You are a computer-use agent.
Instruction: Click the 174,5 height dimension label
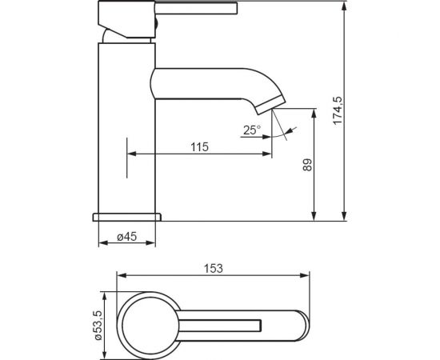[x=338, y=110]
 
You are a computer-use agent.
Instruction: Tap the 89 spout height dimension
[x=307, y=165]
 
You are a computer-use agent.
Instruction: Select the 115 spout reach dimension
[x=200, y=147]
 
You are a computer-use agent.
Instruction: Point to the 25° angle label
[x=252, y=130]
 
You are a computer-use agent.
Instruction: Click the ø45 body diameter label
[x=127, y=237]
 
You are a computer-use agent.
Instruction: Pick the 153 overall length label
[x=214, y=269]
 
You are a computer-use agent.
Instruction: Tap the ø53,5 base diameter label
[x=98, y=326]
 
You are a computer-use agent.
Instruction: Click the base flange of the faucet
[x=127, y=217]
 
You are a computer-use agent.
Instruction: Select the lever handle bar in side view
[x=197, y=7]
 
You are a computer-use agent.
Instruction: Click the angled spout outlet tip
[x=270, y=106]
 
